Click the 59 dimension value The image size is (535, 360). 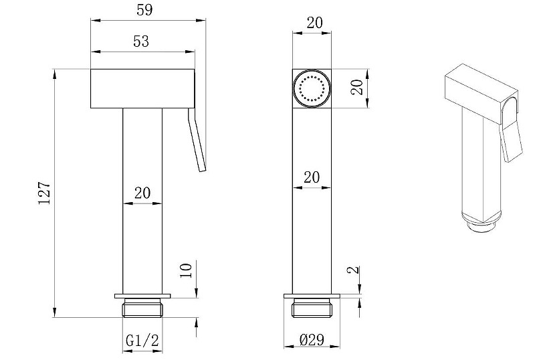tap(144, 10)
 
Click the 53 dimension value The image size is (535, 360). tap(141, 41)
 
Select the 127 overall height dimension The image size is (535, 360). tap(44, 193)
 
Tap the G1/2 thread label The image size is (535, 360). tap(142, 341)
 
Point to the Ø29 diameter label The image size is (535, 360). tap(312, 339)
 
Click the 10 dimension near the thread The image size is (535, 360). tap(187, 271)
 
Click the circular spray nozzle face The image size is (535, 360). tap(312, 89)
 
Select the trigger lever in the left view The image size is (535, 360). tap(197, 139)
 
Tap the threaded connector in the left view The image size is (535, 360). tap(142, 308)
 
